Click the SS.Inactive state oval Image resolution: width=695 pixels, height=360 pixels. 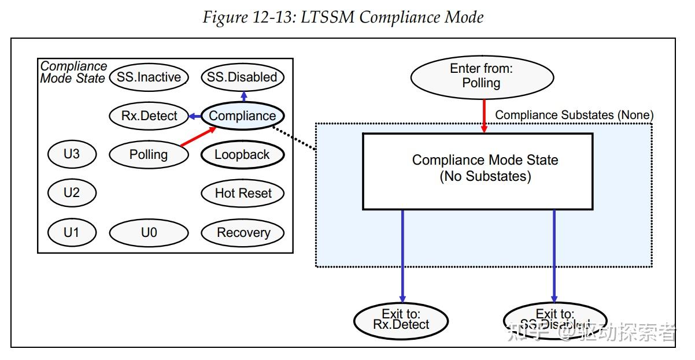pos(149,77)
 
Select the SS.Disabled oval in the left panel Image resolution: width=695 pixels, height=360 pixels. pos(242,77)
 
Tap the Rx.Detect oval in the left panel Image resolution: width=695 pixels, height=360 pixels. pos(149,116)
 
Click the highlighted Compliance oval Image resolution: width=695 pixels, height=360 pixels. pos(242,116)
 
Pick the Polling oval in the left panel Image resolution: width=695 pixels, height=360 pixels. pos(149,155)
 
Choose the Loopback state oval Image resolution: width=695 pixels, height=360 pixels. pos(242,155)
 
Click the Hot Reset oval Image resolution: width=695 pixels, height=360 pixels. pos(242,194)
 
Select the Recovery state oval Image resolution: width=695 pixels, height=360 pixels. pos(242,233)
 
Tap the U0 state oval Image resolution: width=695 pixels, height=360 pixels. pos(149,233)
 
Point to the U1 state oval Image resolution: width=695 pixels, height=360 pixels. pos(71,233)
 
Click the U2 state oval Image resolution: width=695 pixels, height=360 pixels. pos(71,193)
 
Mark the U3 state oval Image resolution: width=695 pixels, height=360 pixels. pos(71,154)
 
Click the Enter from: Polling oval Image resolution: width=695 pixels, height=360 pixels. pos(481,76)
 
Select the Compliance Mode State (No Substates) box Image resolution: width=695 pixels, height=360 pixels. pos(478,171)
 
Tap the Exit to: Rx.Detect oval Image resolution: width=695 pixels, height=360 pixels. pos(401,320)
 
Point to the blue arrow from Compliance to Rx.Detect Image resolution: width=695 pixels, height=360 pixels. pos(195,116)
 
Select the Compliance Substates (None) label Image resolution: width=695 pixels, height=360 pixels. pos(574,115)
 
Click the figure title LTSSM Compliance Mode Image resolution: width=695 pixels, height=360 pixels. pos(343,18)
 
